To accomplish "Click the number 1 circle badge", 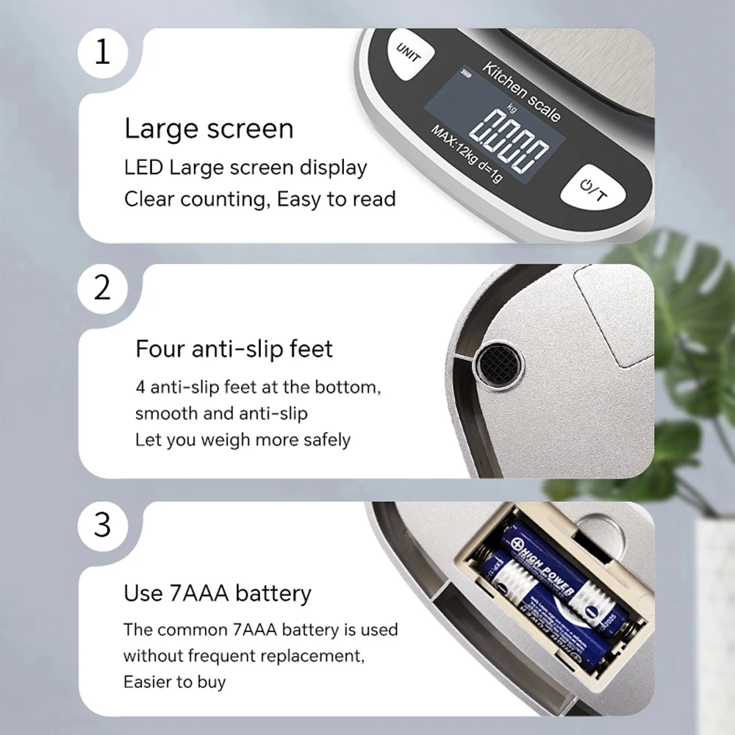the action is coord(103,53).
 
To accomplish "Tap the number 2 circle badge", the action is coord(103,287).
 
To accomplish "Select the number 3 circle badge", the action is coord(103,524).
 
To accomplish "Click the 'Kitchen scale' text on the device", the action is coord(522,92).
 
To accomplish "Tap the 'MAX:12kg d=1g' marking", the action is coord(467,154).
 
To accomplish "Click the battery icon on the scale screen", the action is coord(467,73).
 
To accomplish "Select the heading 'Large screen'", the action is coord(209,129).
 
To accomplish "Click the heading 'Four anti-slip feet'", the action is coord(234,348).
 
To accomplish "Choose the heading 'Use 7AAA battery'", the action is coord(217,593).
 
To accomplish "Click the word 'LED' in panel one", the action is coord(143,168).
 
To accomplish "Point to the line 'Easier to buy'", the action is coord(174,682).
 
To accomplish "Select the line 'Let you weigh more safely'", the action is coord(243,440).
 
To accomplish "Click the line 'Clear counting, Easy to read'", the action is coord(260,199).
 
